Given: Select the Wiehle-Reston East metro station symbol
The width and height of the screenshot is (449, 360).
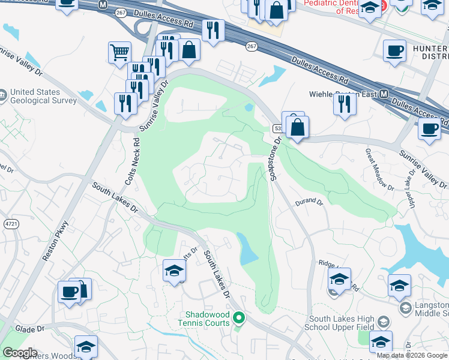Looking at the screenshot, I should click(x=384, y=94).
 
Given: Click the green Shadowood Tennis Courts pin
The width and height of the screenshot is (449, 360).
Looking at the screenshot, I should click(x=239, y=317).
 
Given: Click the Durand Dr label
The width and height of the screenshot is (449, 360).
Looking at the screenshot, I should click(x=309, y=203).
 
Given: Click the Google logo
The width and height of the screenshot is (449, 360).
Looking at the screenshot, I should click(x=20, y=353).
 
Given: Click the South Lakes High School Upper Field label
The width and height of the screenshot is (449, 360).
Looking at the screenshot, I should click(x=341, y=323).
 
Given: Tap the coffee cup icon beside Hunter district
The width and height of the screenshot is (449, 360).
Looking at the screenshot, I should click(x=394, y=51).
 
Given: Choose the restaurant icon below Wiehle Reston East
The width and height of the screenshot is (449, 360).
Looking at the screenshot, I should click(x=345, y=104).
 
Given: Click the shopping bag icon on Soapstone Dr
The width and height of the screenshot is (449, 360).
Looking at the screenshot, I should click(x=297, y=127).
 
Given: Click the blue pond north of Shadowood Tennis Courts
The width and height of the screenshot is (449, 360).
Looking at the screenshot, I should click(x=247, y=250).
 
